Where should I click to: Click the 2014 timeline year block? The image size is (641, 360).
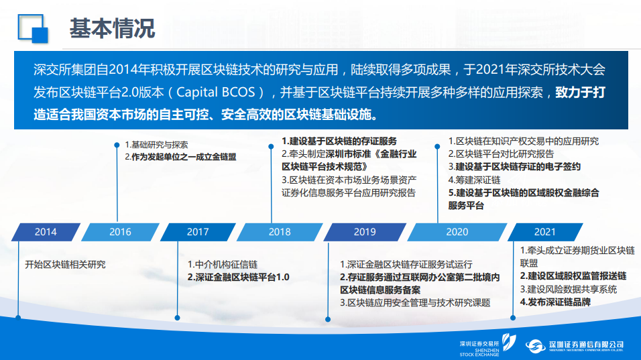pyautogui.click(x=46, y=232)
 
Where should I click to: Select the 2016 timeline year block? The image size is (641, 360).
pyautogui.click(x=120, y=232)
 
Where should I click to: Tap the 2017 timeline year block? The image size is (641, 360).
pyautogui.click(x=198, y=232)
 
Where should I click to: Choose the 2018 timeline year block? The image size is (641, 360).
pyautogui.click(x=280, y=232)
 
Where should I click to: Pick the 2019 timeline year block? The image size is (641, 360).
pyautogui.click(x=365, y=232)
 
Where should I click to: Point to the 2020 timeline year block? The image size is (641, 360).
pyautogui.click(x=457, y=232)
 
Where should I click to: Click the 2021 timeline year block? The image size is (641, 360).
pyautogui.click(x=545, y=232)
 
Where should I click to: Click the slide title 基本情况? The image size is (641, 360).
pyautogui.click(x=112, y=29)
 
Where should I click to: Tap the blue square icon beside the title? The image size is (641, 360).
pyautogui.click(x=33, y=29)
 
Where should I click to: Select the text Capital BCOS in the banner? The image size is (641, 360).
pyautogui.click(x=215, y=92)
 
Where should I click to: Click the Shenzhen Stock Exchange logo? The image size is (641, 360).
pyautogui.click(x=487, y=346)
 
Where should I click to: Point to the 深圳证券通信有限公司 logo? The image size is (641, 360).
pyautogui.click(x=575, y=346)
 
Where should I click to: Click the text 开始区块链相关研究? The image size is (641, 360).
pyautogui.click(x=66, y=264)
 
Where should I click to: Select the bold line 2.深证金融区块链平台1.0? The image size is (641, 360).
pyautogui.click(x=238, y=277)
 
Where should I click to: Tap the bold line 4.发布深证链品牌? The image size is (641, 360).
pyautogui.click(x=555, y=302)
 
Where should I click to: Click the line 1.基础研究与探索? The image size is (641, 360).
pyautogui.click(x=157, y=145)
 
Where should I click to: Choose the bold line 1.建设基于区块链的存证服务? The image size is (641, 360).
pyautogui.click(x=339, y=141)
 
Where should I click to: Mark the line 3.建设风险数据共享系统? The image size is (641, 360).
pyautogui.click(x=569, y=290)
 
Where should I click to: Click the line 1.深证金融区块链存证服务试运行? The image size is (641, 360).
pyautogui.click(x=406, y=264)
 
